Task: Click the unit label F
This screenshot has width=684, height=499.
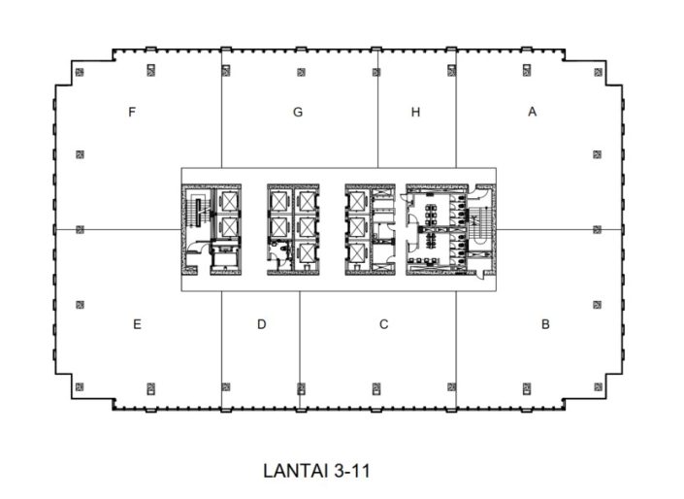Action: tap(131, 112)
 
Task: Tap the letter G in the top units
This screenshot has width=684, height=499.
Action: tap(298, 112)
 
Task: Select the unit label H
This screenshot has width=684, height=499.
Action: tap(415, 112)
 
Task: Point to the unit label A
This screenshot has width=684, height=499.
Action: tap(532, 112)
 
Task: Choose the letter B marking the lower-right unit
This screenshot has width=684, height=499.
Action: tap(545, 324)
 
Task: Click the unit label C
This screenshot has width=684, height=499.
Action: tap(384, 324)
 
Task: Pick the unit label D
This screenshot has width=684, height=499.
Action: tap(261, 324)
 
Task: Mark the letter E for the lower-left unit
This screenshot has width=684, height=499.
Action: tap(137, 324)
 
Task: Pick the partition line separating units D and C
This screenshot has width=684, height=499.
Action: tap(299, 340)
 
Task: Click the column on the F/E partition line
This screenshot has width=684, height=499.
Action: tap(80, 229)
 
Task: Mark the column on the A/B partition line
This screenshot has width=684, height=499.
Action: tap(597, 229)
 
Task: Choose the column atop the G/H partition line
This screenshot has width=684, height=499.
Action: tap(376, 71)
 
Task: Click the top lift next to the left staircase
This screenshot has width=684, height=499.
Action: tap(229, 201)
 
